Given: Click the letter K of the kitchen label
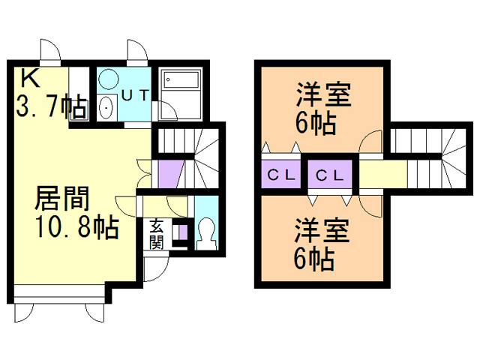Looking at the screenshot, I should pos(29,77).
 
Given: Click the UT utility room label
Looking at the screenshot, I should pos(136,94).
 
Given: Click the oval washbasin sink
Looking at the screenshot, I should pos(106,107).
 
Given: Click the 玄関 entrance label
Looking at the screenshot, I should pos(156,233).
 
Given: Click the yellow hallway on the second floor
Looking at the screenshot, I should pos(382,175).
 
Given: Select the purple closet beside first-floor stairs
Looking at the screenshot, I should pos(171,175).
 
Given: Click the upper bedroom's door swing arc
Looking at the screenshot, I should pos(371,142).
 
